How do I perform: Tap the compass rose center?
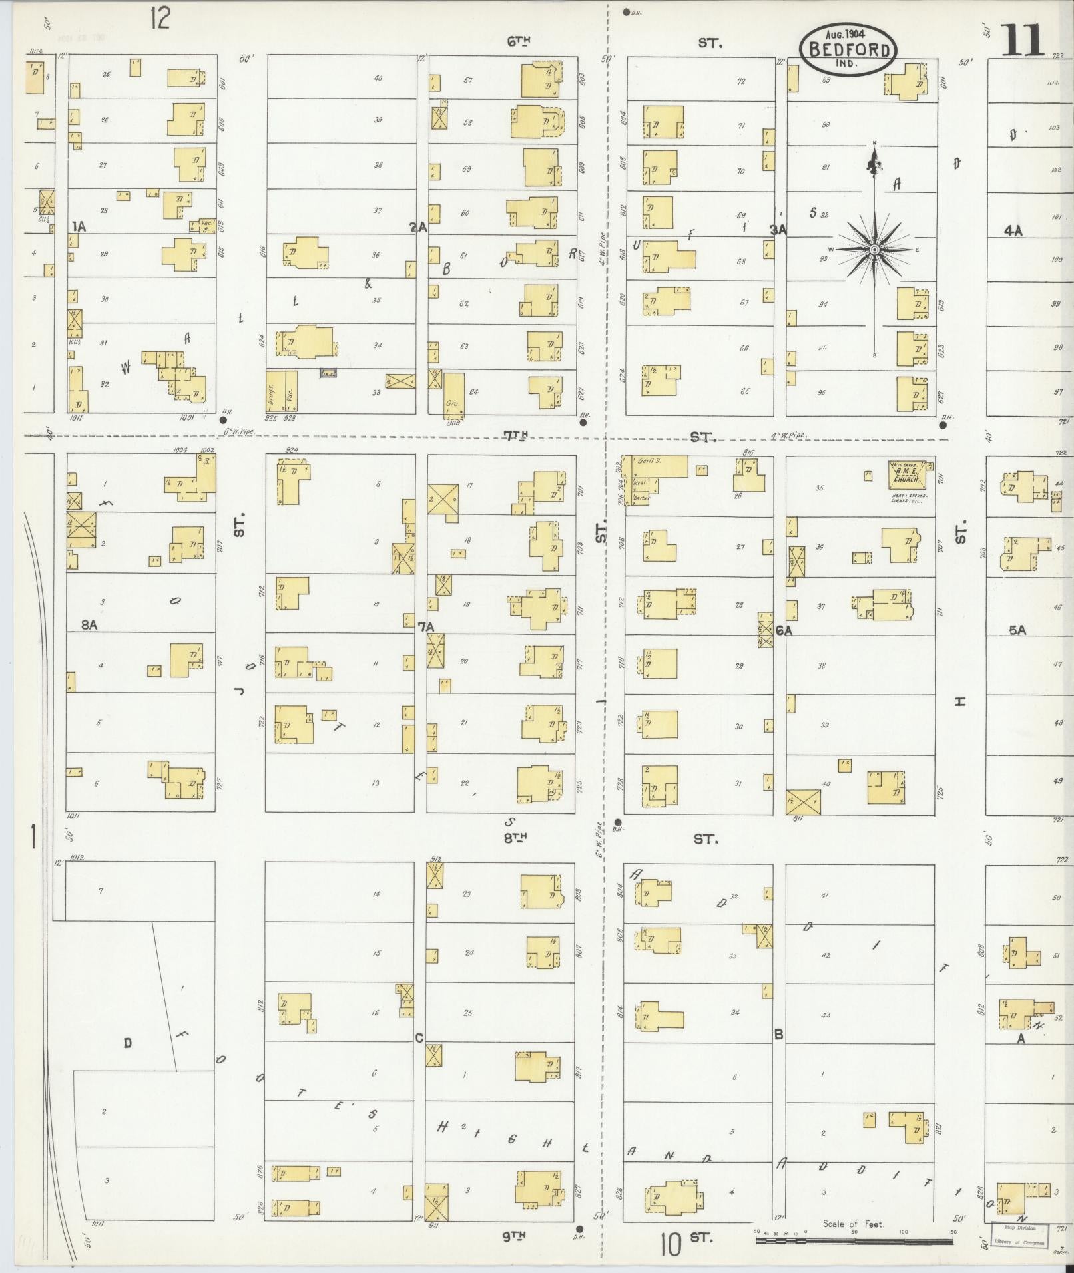pos(874,249)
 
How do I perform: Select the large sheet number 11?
pos(1022,41)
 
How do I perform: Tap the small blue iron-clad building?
pos(328,374)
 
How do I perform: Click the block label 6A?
pos(784,630)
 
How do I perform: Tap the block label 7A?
pos(426,626)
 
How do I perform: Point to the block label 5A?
pos(1017,630)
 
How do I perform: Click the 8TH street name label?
pos(515,839)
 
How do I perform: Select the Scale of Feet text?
pos(853,1223)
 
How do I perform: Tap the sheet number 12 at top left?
pos(160,18)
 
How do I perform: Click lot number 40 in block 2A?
pos(378,78)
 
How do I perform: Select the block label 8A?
pos(89,624)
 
